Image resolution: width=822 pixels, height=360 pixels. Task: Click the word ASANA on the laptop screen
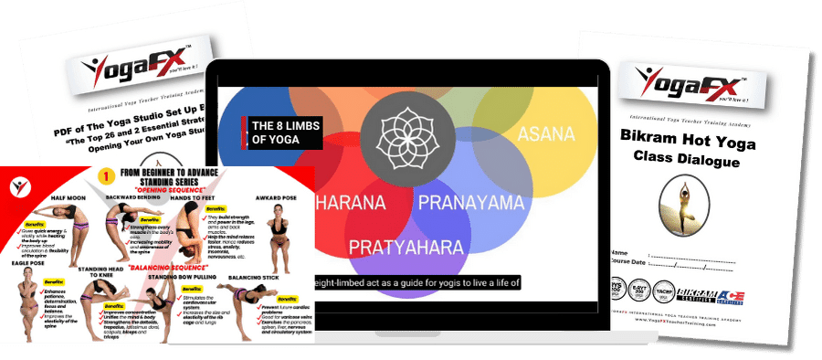click(x=547, y=135)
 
